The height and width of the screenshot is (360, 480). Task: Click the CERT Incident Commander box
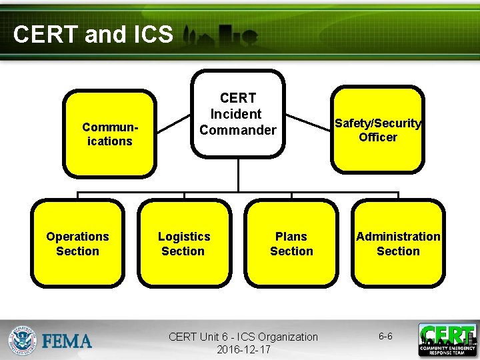point(237,114)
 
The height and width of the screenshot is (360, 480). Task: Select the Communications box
point(109,133)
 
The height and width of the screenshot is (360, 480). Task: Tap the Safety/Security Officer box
point(377,130)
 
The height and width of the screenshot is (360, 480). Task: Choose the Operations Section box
point(77,243)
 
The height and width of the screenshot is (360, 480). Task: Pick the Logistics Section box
point(184,243)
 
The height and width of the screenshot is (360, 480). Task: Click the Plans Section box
point(291,243)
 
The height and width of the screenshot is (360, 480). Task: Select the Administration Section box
point(398,243)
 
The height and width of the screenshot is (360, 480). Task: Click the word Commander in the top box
point(237,130)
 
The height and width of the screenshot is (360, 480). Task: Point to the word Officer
point(378,137)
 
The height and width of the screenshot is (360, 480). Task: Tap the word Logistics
point(184,237)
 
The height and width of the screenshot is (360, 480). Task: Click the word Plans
point(291,237)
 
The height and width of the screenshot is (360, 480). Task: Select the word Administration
point(398,237)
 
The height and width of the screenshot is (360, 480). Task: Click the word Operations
point(77,237)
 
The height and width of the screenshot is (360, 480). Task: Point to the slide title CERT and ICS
point(93,35)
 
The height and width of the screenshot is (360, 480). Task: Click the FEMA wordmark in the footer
point(67,342)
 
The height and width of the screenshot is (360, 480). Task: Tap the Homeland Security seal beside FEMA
point(23,341)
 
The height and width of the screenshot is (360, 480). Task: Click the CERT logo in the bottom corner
point(447,340)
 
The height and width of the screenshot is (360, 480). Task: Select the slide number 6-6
point(385,337)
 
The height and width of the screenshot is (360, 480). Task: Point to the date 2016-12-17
point(243,349)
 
